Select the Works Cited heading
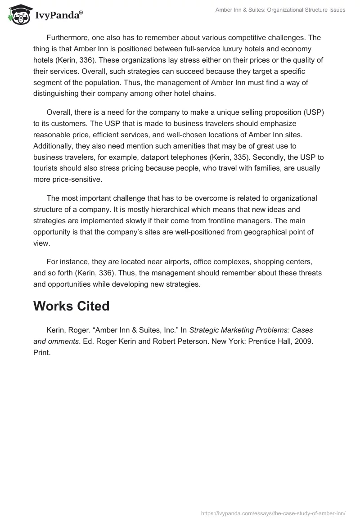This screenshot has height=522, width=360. pos(72,306)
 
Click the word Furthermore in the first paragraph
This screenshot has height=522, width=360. pos(67,37)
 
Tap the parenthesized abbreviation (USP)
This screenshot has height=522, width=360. pos(313,112)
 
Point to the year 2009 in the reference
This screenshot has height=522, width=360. pos(303,341)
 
